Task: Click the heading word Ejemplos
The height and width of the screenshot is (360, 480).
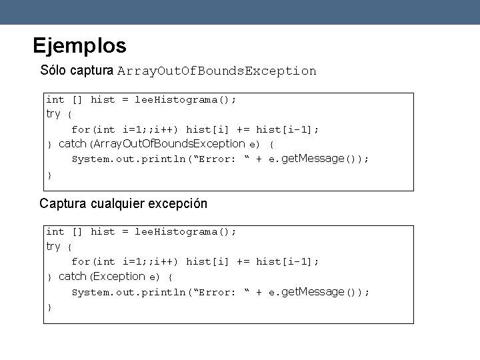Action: pos(79,46)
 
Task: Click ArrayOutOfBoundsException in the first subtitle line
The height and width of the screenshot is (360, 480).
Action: pos(217,71)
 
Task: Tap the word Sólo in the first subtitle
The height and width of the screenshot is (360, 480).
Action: pos(53,70)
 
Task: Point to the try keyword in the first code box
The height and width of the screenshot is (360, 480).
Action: pos(53,114)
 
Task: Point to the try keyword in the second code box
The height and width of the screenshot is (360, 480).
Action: pos(53,247)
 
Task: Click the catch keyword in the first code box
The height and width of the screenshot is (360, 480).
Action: pos(72,144)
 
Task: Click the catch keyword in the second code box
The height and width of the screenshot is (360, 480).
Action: pos(72,277)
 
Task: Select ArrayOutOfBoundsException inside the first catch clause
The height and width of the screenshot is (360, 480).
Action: pos(169,144)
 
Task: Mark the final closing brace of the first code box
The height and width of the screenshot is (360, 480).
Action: pos(49,175)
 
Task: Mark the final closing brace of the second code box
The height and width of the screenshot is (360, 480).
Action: pos(49,307)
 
